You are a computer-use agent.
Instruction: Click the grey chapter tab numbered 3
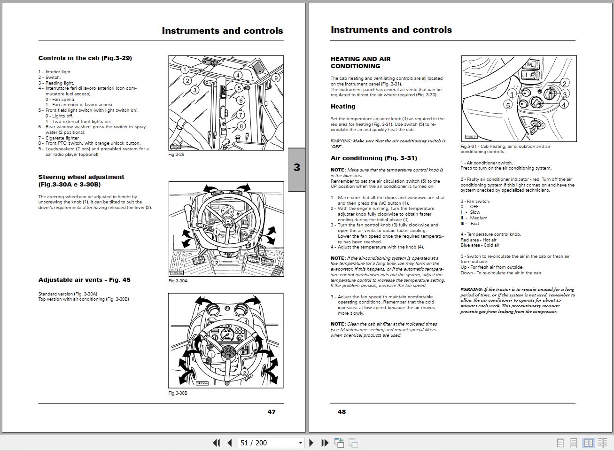[296, 168]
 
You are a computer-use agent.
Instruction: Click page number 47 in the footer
[272, 412]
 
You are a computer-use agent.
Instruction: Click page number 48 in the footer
[342, 412]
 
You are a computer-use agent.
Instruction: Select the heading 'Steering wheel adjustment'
[81, 177]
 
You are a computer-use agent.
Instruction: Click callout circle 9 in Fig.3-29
[276, 78]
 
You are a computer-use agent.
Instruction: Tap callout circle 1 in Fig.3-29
[185, 70]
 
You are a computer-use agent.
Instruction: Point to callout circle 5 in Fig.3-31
[508, 105]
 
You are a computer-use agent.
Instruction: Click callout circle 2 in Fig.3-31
[565, 84]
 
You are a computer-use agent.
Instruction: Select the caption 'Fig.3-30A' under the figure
[178, 281]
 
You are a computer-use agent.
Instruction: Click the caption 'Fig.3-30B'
[178, 393]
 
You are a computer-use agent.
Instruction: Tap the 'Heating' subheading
[343, 107]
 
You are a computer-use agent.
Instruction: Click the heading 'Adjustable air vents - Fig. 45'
[85, 280]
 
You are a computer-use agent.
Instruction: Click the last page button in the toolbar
[325, 443]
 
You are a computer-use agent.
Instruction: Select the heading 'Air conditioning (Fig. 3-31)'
[373, 158]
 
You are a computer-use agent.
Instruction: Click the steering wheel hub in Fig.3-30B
[227, 350]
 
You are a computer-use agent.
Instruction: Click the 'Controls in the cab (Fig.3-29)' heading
[85, 58]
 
